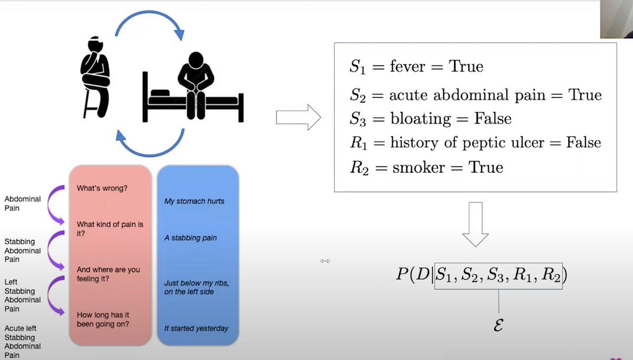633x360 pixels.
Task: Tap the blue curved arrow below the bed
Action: coord(150,145)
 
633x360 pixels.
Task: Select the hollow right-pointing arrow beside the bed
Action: coord(299,117)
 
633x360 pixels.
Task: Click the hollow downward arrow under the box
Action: coord(475,224)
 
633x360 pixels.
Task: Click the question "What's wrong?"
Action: coord(102,188)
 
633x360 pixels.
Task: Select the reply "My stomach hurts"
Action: coord(194,201)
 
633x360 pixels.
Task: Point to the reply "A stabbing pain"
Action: coord(190,238)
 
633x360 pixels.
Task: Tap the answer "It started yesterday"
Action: coord(196,328)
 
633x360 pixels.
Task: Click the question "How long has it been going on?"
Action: coord(103,319)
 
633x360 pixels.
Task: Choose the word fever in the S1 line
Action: coord(410,67)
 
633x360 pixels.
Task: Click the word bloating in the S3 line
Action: coord(420,118)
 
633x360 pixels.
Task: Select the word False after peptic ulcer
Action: coord(583,143)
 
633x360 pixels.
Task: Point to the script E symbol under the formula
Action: coord(497,325)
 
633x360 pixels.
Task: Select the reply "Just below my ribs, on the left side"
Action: coord(196,287)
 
